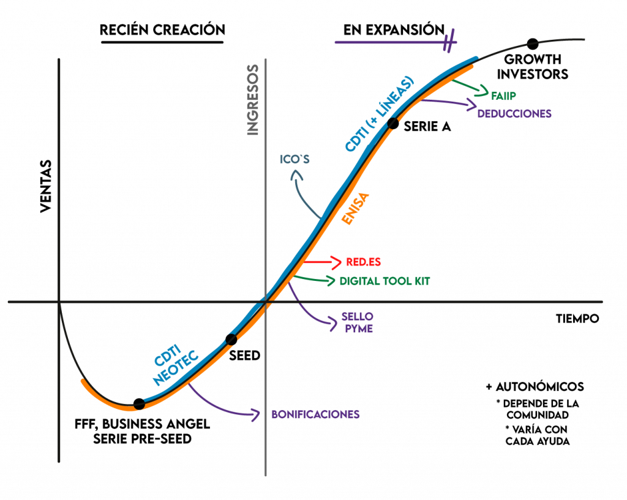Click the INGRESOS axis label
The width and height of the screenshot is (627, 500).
pos(253,99)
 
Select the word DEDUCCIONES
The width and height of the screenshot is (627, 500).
pos(514,114)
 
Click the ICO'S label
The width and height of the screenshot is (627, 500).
pos(295,160)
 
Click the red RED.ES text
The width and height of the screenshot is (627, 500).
pos(364,262)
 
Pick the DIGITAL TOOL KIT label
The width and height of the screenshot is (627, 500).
pos(385,282)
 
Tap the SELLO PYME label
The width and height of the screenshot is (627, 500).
pos(358,323)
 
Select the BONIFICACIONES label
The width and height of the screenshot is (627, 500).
pos(315,414)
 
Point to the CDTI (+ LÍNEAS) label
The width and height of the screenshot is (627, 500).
pos(380,114)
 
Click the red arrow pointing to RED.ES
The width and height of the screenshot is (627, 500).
pos(321,262)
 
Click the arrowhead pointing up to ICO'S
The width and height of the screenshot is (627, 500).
pos(298,176)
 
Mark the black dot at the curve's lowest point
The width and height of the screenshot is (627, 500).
pos(139,405)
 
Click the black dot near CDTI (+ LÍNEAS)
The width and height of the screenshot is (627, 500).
pos(392,123)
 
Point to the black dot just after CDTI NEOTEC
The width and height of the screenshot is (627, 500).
pos(231,340)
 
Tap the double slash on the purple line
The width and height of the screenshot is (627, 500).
pos(451,41)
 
